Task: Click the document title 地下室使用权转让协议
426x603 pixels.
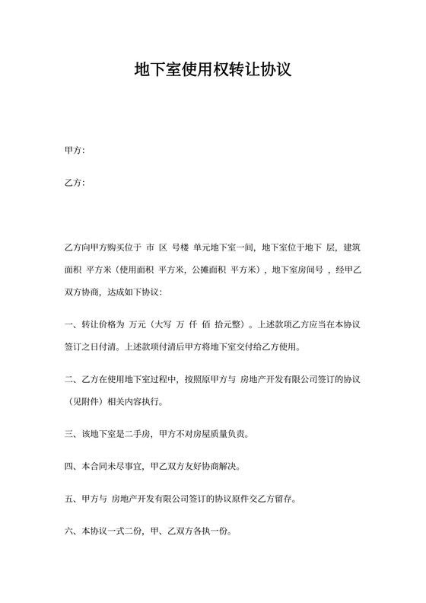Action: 213,72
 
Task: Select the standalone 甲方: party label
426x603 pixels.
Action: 75,151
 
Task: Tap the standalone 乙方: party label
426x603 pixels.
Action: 75,183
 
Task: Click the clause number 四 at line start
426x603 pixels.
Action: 70,467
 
